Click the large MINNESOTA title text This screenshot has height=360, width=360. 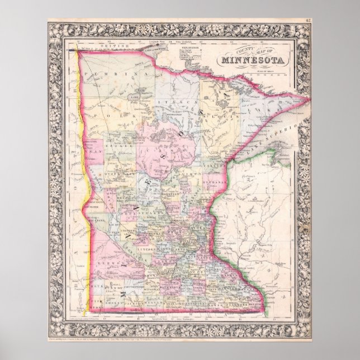(253, 61)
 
